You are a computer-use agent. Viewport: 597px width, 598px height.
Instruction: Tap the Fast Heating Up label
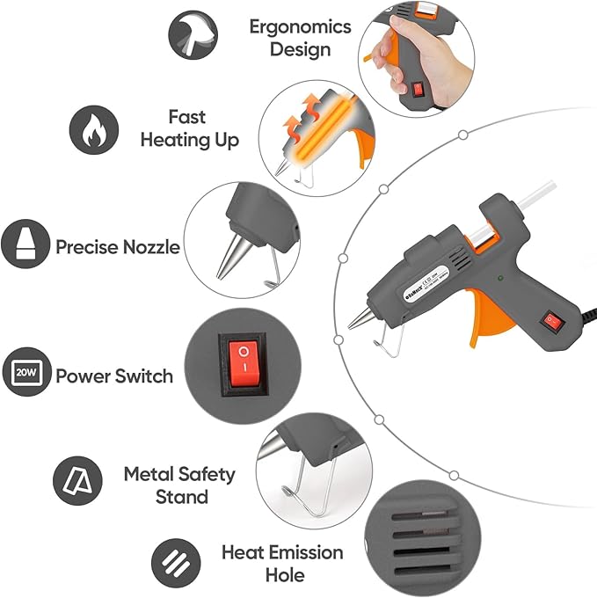[189, 128]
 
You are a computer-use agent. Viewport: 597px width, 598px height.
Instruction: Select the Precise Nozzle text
[118, 247]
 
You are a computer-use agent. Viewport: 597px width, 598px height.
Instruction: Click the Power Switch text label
[114, 376]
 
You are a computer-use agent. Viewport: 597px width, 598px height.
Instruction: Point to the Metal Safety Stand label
[179, 485]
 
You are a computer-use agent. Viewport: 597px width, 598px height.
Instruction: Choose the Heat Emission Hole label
[282, 564]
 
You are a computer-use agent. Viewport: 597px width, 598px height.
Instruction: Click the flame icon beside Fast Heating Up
[94, 130]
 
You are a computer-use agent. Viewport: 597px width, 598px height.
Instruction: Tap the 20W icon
[25, 373]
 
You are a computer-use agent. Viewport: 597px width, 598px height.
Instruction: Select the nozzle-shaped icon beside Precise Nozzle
[25, 244]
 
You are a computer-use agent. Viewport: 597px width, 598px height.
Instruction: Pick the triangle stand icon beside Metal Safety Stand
[74, 479]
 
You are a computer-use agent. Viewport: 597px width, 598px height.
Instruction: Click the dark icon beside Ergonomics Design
[193, 33]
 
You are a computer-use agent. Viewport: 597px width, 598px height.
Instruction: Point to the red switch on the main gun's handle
[552, 323]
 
